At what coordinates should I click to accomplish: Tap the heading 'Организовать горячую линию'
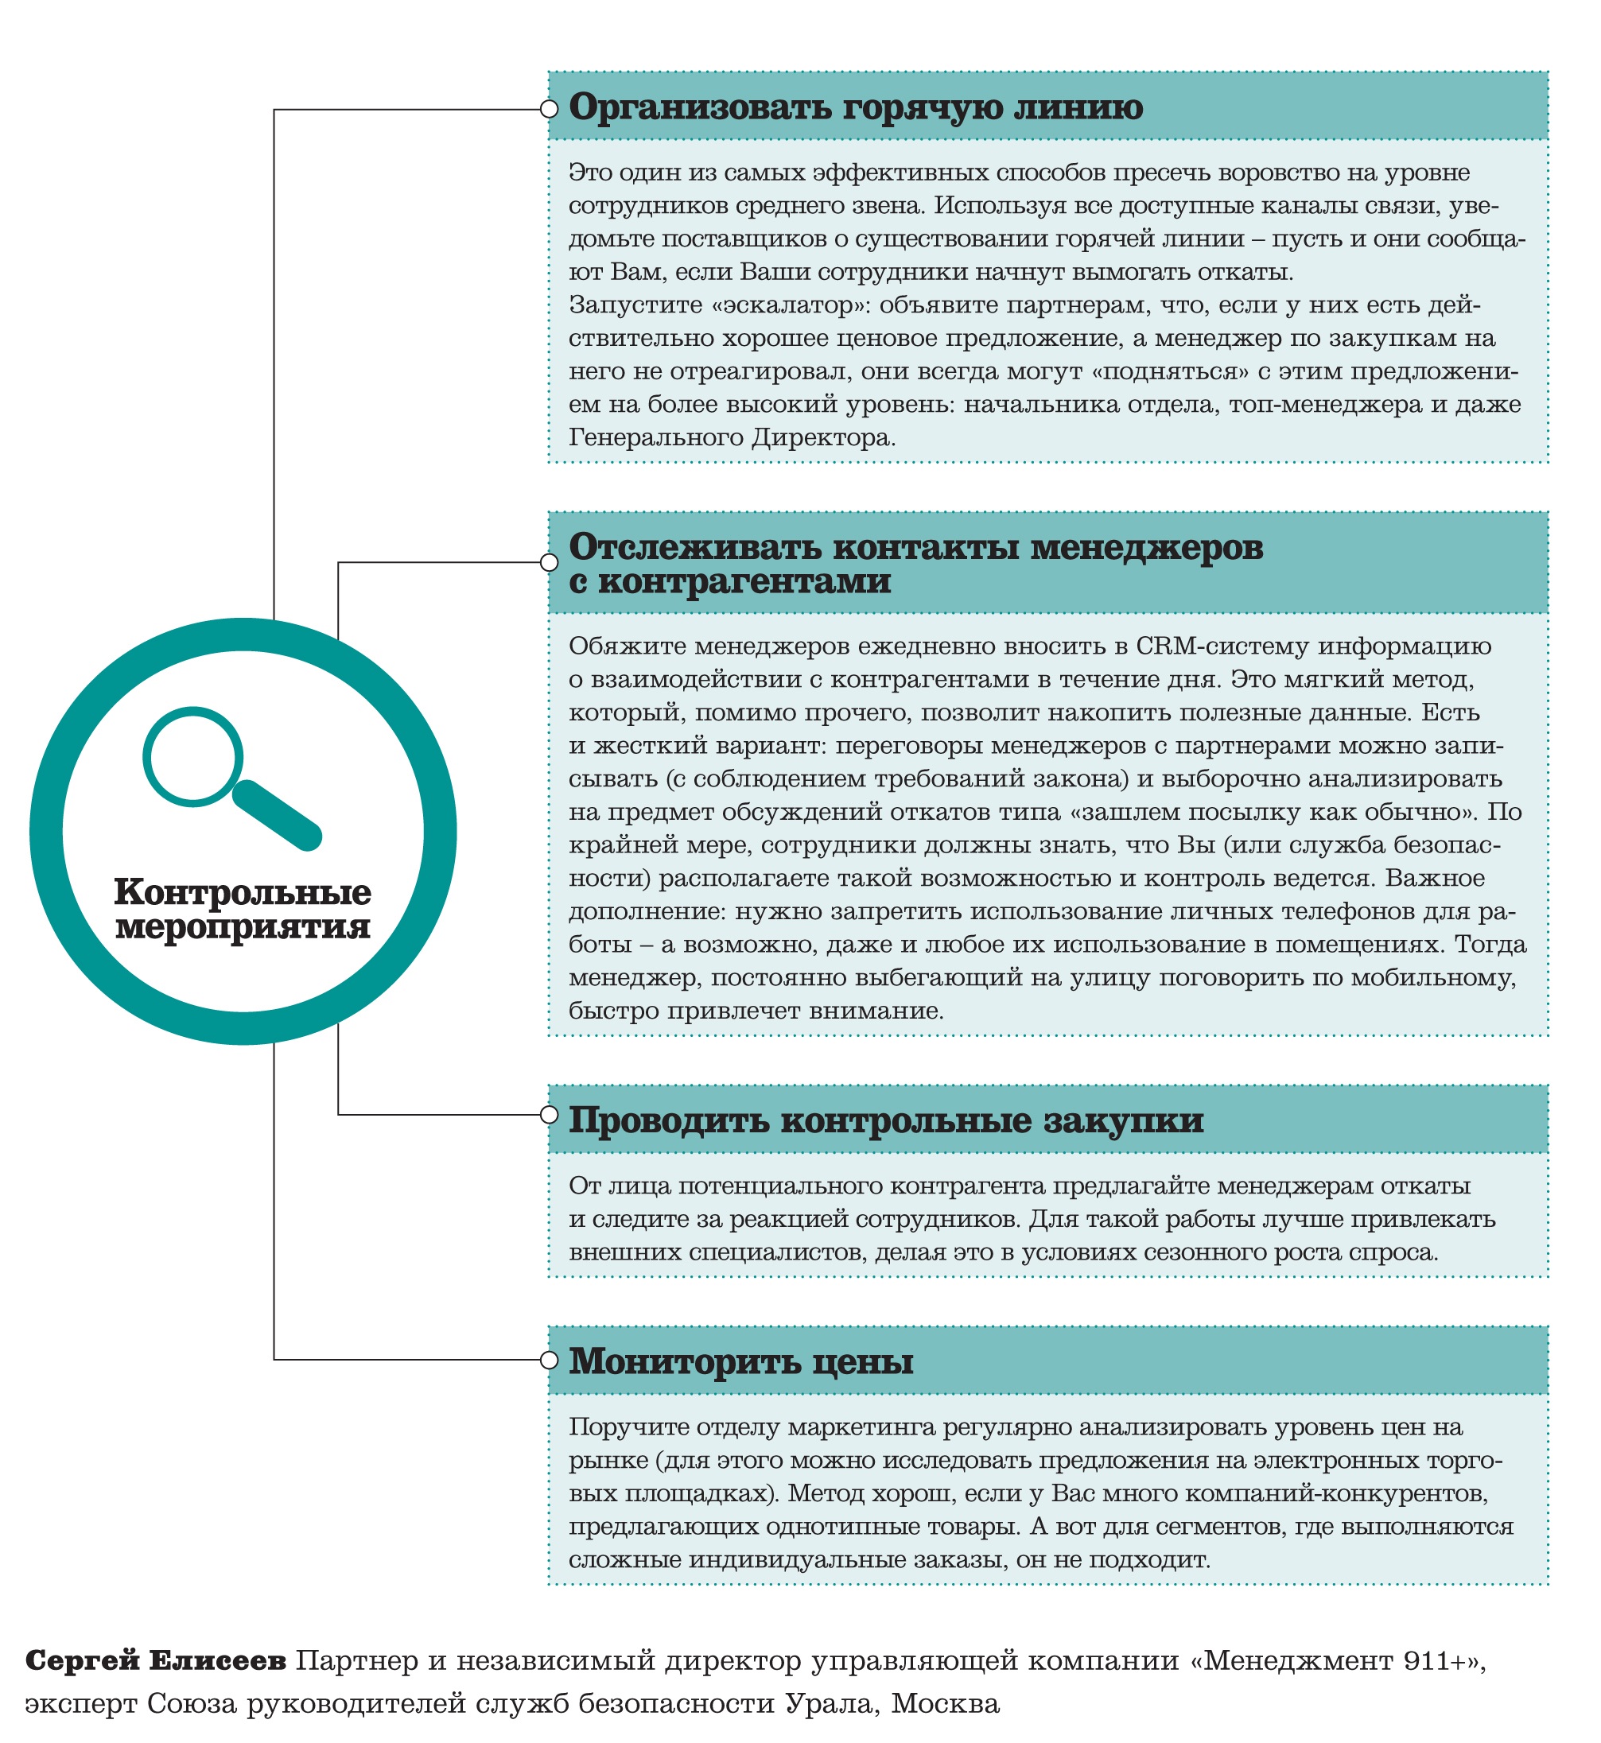[855, 107]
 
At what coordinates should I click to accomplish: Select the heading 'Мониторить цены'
[740, 1361]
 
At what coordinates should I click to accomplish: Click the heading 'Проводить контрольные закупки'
[885, 1120]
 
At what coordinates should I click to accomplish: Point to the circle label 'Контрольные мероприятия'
[243, 909]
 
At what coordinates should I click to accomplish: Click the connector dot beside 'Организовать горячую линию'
[549, 109]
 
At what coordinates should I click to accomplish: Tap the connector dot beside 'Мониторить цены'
[549, 1360]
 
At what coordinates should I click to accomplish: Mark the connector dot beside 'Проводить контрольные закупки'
[549, 1115]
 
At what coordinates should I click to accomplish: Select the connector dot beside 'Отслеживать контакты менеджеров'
[549, 563]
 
